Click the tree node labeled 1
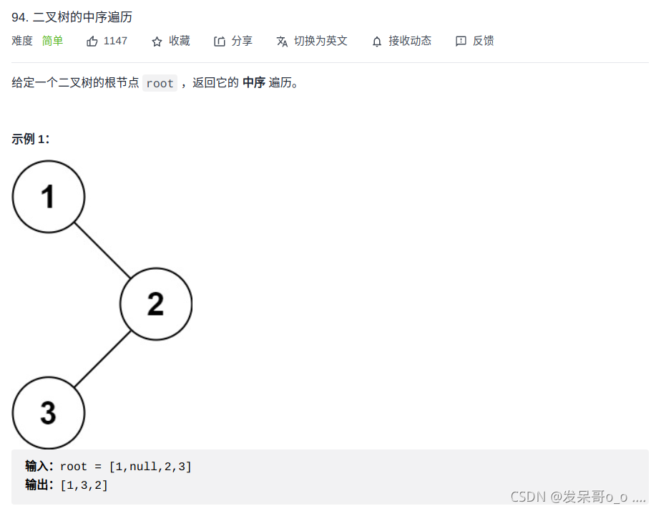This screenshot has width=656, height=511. [x=49, y=196]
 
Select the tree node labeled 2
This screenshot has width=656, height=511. [x=156, y=303]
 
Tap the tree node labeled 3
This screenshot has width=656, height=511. [x=49, y=412]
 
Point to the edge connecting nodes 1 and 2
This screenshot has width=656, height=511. [x=102, y=250]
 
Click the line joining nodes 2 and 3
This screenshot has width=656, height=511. [x=102, y=359]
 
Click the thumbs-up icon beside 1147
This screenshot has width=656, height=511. [x=92, y=42]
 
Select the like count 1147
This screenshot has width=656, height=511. [x=115, y=41]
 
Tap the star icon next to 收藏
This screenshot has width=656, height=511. [x=157, y=42]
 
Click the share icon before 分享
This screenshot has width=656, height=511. [x=220, y=42]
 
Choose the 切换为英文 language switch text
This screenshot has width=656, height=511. [x=320, y=41]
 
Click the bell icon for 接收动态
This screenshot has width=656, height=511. [x=377, y=42]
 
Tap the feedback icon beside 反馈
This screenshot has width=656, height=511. [x=461, y=42]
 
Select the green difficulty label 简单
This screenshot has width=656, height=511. [x=53, y=41]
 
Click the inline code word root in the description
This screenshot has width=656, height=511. [x=160, y=83]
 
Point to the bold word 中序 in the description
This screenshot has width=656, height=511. [x=254, y=82]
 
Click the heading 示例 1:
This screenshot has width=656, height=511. [x=31, y=139]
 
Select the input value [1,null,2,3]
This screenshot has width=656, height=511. [x=150, y=467]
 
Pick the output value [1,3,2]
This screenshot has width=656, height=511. [x=84, y=485]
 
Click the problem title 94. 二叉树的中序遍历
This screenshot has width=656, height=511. [x=72, y=17]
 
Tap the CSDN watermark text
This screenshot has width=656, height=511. [x=578, y=496]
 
